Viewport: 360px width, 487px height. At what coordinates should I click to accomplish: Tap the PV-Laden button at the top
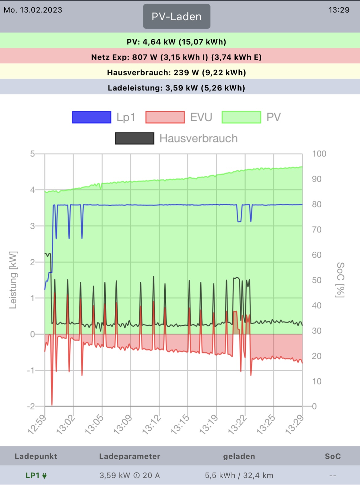[177, 17]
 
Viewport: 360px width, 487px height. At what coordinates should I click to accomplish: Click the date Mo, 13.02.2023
[33, 10]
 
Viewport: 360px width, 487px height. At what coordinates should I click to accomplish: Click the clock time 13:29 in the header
[339, 10]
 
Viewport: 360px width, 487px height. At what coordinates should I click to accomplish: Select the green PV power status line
[177, 42]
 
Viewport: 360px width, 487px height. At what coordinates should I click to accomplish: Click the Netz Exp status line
[177, 57]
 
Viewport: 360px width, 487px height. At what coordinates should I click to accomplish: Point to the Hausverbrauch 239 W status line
[177, 72]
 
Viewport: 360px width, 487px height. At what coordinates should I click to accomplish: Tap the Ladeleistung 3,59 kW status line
[177, 88]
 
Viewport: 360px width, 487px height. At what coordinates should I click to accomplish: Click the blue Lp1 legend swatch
[91, 117]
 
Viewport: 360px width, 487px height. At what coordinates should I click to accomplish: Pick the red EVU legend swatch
[165, 117]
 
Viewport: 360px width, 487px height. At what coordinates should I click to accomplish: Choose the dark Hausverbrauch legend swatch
[134, 138]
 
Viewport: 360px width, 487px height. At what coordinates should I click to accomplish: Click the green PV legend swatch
[241, 117]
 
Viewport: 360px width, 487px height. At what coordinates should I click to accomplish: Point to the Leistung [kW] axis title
[13, 280]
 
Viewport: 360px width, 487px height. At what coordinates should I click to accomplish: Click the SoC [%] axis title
[340, 280]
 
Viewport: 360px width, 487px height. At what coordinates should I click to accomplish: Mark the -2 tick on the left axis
[31, 406]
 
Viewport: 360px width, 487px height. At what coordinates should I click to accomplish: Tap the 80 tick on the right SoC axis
[317, 204]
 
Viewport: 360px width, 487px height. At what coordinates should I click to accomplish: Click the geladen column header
[239, 456]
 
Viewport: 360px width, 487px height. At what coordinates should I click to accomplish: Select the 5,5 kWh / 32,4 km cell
[239, 475]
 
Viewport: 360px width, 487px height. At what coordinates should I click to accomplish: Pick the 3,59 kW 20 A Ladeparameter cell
[130, 475]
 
